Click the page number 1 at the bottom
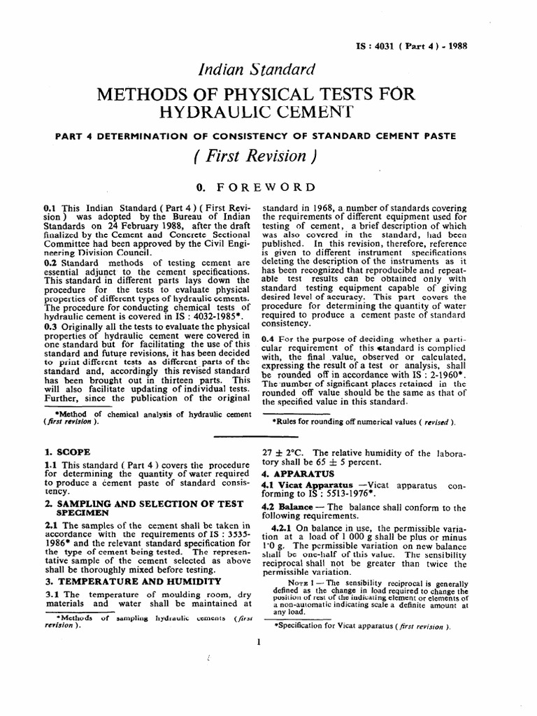[259, 641]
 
